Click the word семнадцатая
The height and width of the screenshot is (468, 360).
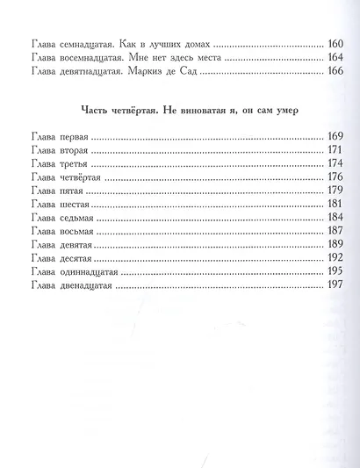click(92, 41)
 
